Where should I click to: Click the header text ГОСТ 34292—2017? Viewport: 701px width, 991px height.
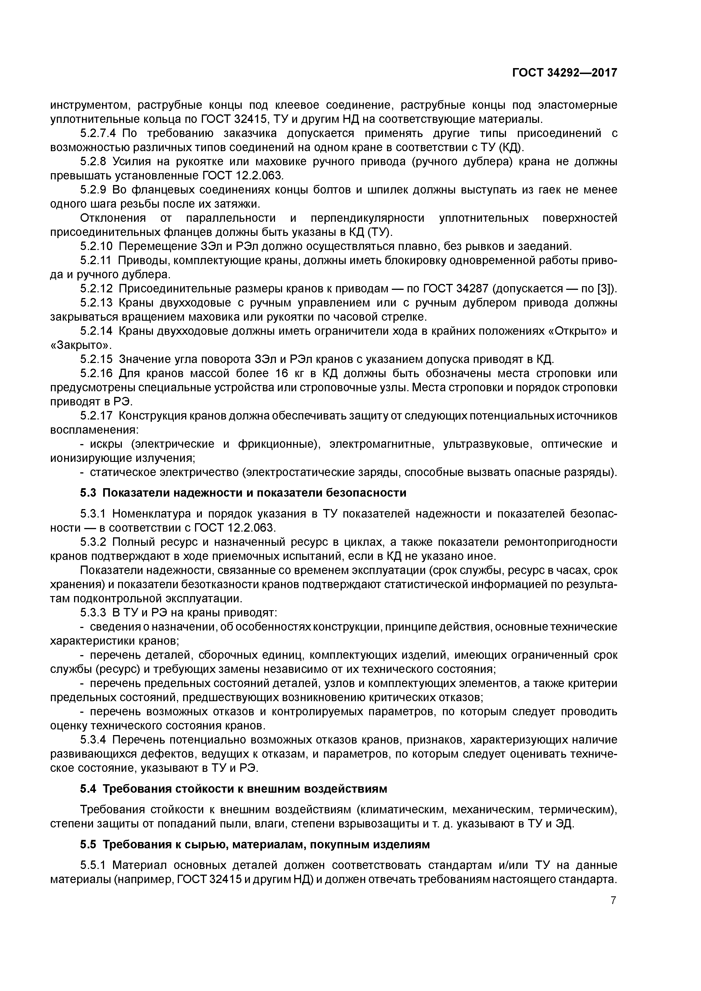(564, 73)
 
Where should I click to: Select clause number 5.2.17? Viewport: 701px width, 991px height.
(96, 416)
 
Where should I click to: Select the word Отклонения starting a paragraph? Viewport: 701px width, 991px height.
(113, 218)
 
